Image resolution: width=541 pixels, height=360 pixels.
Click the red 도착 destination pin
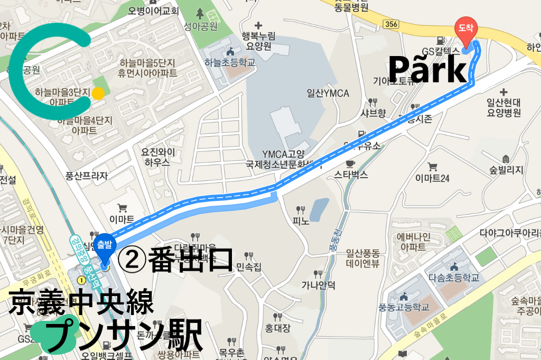tap(465, 29)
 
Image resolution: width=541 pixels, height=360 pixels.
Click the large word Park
tap(428, 70)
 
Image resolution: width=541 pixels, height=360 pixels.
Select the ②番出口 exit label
tap(175, 259)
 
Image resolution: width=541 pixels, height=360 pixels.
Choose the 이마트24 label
tap(432, 178)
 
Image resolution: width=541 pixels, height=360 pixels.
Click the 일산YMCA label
tap(328, 94)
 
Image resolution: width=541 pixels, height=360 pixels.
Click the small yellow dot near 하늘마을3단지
tap(98, 94)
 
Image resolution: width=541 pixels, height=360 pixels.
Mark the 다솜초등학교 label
tap(454, 277)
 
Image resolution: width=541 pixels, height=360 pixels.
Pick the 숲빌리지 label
tap(506, 170)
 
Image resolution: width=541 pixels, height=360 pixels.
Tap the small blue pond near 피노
tap(319, 209)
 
